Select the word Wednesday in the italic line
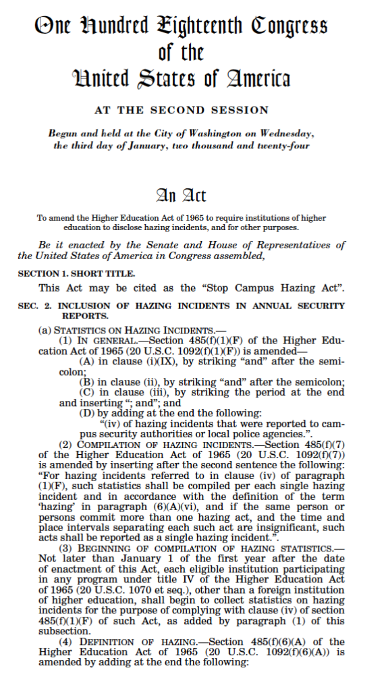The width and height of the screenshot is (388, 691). (283, 134)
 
